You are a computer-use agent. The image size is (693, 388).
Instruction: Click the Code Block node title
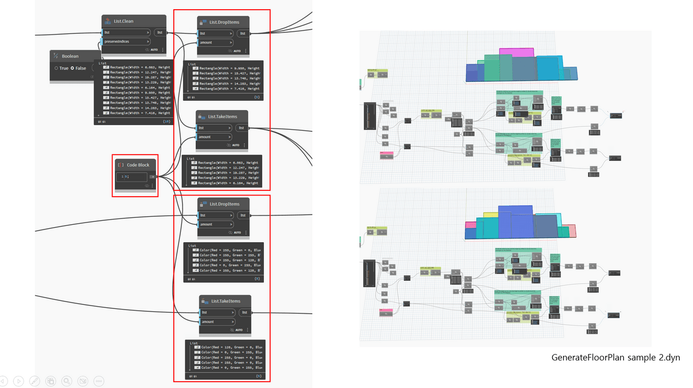coord(138,165)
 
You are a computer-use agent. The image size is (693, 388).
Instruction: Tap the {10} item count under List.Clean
coord(166,122)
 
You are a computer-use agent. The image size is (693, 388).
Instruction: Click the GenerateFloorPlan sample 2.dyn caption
coord(616,357)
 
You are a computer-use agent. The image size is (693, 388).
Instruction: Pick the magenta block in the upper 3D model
coord(517,52)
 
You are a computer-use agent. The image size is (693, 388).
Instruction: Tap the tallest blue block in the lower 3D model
coord(516,222)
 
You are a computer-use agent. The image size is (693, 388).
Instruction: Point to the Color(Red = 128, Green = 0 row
coord(228,348)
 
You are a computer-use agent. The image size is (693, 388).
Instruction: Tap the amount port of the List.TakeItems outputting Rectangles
coord(206,137)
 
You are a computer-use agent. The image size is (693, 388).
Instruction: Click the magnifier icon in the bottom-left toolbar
coord(67,381)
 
